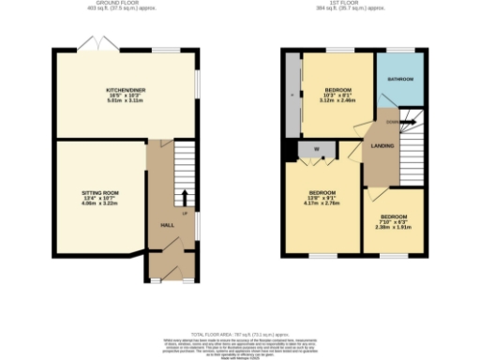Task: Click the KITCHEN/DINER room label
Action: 124,90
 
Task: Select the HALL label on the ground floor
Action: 168,226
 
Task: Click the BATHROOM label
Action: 400,80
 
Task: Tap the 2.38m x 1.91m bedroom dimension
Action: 394,227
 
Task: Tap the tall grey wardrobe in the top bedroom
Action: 292,93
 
